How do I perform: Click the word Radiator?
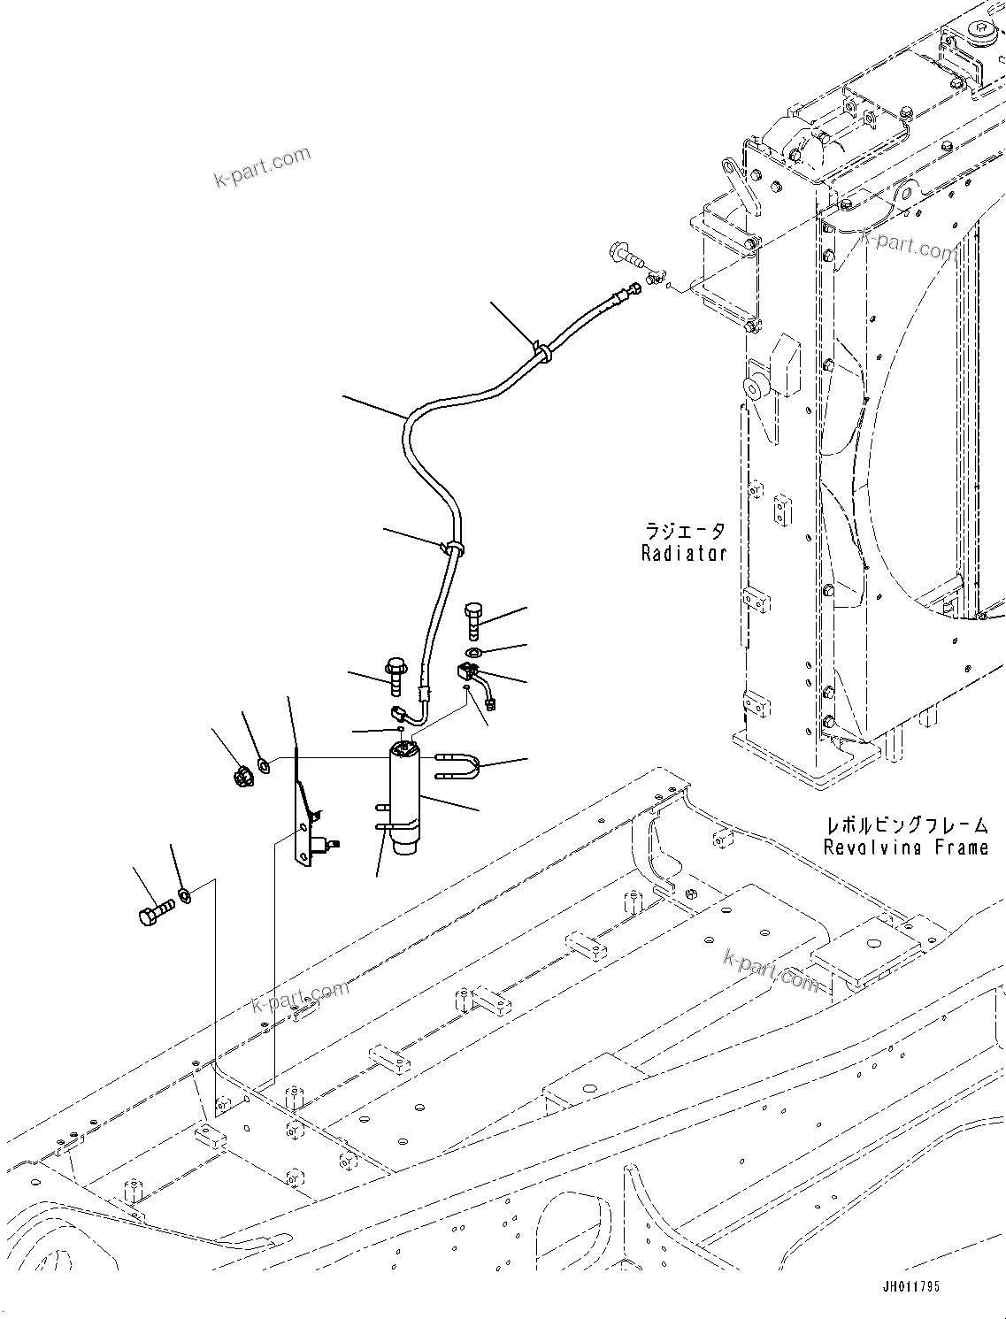coord(683,554)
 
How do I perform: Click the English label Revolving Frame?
coord(905,847)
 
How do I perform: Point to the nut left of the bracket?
coord(240,778)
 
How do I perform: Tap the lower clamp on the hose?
coord(453,548)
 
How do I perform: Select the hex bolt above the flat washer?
coord(473,617)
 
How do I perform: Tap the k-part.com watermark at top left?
coord(263,166)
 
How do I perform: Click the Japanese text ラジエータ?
coord(685,531)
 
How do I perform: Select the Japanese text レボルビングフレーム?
coord(906,825)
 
